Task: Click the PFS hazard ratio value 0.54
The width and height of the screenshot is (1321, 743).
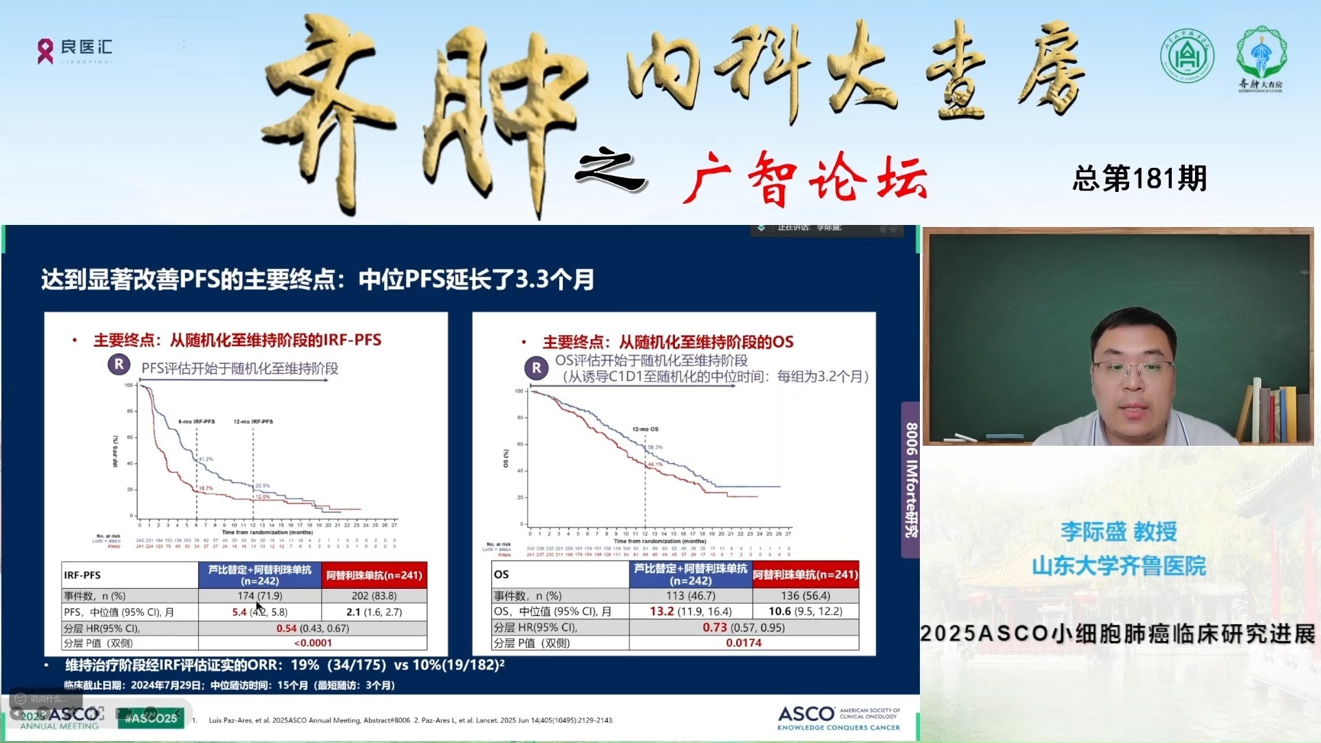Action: pos(286,628)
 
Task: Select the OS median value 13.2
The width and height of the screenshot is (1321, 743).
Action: pos(662,612)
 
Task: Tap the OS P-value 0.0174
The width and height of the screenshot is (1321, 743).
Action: pos(744,643)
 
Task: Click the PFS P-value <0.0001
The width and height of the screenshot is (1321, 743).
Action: pos(312,643)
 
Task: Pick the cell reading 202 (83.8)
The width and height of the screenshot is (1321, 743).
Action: pos(374,596)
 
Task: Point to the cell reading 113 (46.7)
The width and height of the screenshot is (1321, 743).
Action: pos(690,596)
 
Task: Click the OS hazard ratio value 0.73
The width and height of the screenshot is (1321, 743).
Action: pos(714,627)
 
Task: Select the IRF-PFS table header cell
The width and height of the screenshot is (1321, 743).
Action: pos(83,575)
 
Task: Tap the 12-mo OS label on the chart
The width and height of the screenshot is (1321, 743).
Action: pos(645,429)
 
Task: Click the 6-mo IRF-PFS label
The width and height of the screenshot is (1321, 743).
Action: pos(197,422)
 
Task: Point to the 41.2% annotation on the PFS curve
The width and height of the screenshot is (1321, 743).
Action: pos(206,459)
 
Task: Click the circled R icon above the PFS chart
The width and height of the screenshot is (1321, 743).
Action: pos(119,364)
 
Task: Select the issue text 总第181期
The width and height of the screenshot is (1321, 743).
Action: pos(1139,179)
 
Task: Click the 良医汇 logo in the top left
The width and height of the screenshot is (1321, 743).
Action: pos(74,50)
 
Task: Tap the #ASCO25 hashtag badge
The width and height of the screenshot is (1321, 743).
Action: pos(151,718)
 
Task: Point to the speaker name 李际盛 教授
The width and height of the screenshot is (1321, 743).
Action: pos(1119,532)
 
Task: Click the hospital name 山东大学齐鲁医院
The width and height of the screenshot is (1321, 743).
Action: pos(1119,566)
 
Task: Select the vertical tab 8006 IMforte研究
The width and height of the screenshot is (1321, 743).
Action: pos(911,480)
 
